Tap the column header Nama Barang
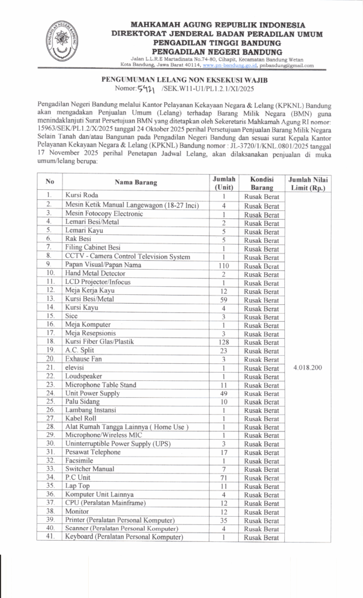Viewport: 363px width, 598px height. (135, 182)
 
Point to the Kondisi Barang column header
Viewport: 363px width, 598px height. (261, 182)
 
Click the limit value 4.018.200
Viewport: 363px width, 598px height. (307, 368)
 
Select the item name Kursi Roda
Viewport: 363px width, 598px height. (82, 195)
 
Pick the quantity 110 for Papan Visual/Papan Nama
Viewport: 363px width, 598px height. (224, 264)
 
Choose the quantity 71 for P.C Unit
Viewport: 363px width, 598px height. (224, 477)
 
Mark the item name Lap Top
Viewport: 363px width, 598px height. (77, 486)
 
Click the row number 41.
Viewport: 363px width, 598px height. (51, 537)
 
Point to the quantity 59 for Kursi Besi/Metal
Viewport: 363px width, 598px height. (224, 299)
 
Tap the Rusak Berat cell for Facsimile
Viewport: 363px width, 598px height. (261, 461)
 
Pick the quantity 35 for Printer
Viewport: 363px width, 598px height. (224, 520)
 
